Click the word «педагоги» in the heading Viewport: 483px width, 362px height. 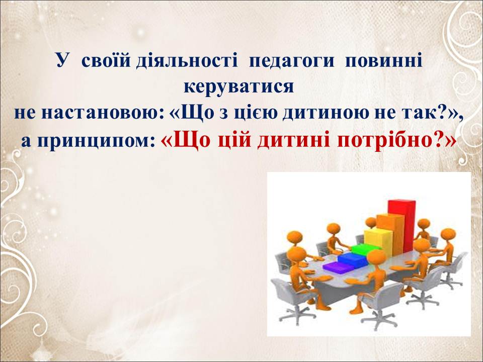point(291,61)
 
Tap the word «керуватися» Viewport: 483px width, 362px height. point(238,87)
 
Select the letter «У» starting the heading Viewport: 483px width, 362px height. point(61,61)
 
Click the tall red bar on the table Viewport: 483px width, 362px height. point(401,226)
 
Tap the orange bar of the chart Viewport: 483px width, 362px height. point(389,235)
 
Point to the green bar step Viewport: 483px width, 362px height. point(366,250)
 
